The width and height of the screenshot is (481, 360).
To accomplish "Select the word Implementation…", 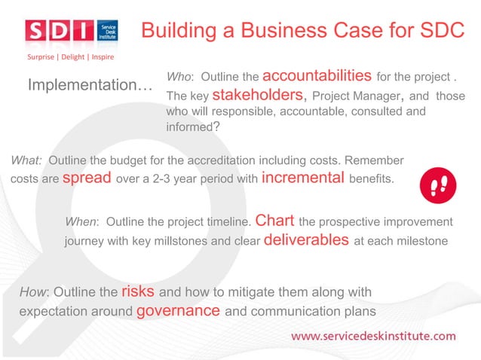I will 90,86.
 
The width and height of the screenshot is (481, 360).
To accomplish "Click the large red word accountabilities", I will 317,75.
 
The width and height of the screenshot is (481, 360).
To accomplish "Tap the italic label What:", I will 26,160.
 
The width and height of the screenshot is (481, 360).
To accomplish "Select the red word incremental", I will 302,178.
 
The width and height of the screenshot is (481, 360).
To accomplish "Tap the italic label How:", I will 34,292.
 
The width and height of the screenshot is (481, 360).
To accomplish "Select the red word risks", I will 138,291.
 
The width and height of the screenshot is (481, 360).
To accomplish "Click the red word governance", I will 179,310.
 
